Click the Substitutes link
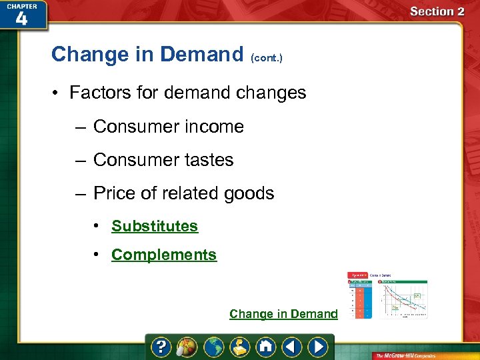[155, 226]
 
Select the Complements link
[164, 255]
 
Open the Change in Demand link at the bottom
[283, 314]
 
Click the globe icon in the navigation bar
[214, 347]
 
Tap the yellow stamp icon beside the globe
[240, 347]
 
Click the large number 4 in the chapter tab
[21, 19]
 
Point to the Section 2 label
[437, 11]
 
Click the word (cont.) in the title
[267, 58]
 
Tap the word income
[215, 127]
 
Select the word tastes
[210, 160]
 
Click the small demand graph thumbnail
[387, 295]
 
